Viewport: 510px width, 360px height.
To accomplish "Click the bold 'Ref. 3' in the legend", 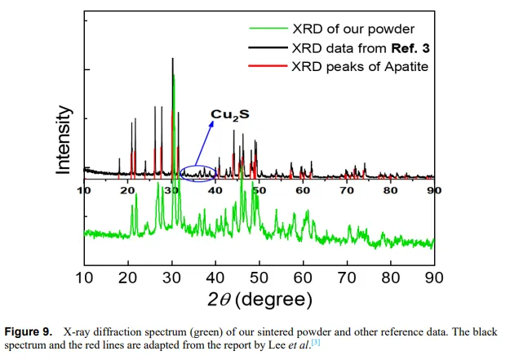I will click(x=406, y=47).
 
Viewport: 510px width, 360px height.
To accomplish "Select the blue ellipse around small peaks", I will click(x=198, y=172).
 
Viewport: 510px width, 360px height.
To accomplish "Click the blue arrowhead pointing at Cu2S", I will click(x=213, y=124).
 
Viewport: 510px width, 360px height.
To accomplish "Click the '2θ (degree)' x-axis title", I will click(x=259, y=299).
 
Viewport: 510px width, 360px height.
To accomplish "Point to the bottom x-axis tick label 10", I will click(x=84, y=277).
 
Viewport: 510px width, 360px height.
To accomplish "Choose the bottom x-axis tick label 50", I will click(x=259, y=277).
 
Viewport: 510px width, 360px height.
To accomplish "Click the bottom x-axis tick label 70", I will click(x=347, y=277).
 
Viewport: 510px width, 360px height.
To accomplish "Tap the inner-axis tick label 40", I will click(x=215, y=189).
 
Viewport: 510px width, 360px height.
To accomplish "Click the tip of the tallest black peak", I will click(x=172, y=59).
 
